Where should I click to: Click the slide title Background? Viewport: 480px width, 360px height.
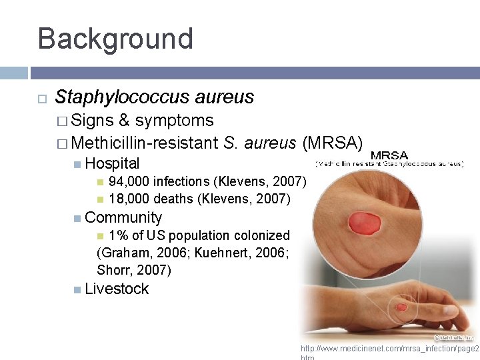click(115, 39)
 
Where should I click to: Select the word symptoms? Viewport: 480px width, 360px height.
click(174, 121)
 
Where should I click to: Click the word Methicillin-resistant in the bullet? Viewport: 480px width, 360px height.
click(145, 143)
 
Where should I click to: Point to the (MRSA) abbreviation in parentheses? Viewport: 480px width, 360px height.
click(333, 143)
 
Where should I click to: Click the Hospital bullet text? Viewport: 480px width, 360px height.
click(113, 163)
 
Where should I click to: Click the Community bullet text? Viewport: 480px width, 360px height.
click(123, 217)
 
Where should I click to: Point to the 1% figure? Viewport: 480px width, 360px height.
click(118, 235)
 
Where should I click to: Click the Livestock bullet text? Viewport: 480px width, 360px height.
click(117, 289)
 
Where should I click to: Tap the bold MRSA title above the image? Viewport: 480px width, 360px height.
click(389, 155)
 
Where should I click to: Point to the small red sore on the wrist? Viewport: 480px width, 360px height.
click(401, 307)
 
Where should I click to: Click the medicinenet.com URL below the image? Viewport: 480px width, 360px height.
click(389, 349)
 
